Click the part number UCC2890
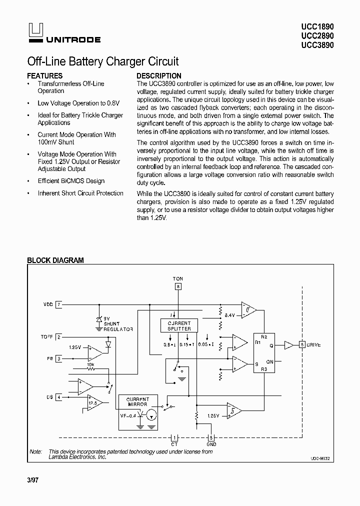317,35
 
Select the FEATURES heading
44,76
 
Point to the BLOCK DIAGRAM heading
55,260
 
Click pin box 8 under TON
178,286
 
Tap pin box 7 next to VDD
58,304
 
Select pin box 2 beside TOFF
58,337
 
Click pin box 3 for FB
58,358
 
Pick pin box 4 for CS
58,397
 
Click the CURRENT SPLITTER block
178,325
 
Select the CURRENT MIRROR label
136,401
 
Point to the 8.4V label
229,315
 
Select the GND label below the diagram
211,444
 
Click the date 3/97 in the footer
32,480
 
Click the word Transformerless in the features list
59,83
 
